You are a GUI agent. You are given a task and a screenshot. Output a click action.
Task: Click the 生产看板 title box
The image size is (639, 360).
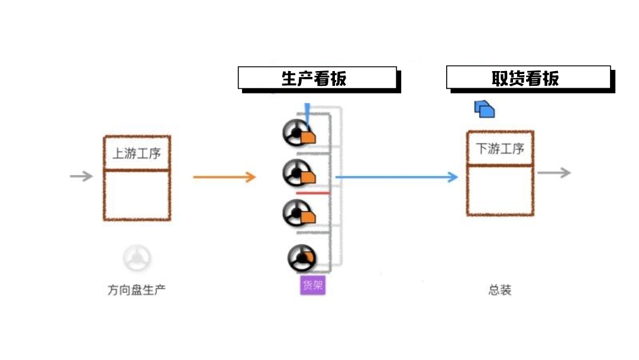tap(317, 78)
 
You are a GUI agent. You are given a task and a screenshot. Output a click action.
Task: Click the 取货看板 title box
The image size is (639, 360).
tap(528, 78)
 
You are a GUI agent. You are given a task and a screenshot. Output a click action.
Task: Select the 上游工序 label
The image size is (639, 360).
tap(137, 153)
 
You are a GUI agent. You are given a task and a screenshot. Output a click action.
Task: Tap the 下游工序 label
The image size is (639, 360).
tap(500, 148)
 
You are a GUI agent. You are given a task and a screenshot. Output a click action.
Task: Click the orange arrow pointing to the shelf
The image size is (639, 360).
tap(224, 176)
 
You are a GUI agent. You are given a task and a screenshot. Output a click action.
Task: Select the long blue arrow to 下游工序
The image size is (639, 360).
tap(396, 176)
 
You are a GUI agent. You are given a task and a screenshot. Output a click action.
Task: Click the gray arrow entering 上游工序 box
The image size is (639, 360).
tap(81, 176)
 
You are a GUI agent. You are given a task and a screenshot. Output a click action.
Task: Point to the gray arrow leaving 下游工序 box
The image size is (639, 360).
tap(554, 172)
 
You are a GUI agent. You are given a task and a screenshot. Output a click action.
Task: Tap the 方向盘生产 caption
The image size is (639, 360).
tap(136, 290)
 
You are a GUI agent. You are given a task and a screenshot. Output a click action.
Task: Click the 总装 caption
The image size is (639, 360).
tap(499, 290)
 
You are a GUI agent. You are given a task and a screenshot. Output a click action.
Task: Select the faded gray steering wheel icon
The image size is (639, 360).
tap(137, 258)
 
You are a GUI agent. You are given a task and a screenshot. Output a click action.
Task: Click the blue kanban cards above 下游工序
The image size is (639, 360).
tap(484, 108)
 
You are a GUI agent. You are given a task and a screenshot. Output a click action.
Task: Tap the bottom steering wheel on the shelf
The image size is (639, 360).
tap(302, 258)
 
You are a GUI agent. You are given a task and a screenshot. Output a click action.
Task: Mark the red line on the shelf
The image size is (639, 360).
tap(312, 193)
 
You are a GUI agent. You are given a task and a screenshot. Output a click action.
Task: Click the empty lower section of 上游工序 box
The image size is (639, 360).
tap(137, 195)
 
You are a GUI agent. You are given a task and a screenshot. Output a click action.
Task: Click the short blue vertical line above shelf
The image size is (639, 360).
tap(307, 111)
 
